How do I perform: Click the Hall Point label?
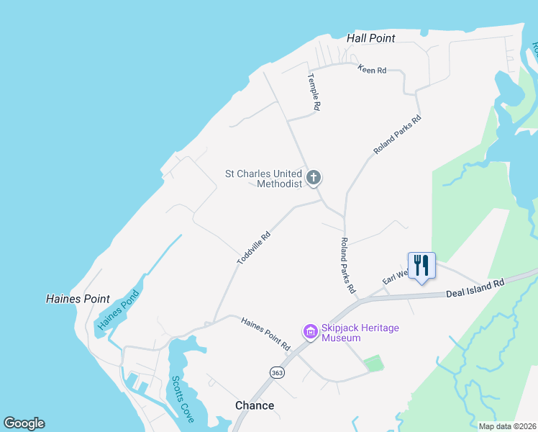pos(370,38)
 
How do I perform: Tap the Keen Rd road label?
pos(372,70)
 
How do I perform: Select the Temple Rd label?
pos(314,91)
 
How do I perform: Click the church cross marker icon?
pos(314,177)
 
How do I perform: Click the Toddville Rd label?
pos(255,246)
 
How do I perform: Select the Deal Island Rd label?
pos(475,289)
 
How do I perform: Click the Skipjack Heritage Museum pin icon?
pos(311,332)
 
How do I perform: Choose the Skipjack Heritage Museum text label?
pos(360,333)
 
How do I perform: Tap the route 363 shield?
pos(277,372)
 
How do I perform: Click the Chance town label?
pos(255,405)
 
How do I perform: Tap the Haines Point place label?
pos(78,299)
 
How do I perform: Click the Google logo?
pos(24,423)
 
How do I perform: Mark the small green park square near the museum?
pos(373,364)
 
